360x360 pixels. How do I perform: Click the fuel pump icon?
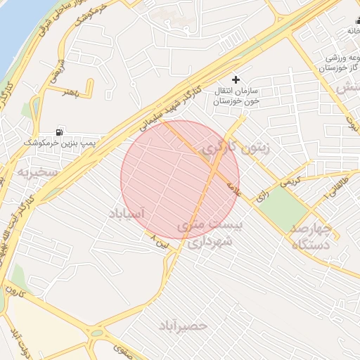(58, 131)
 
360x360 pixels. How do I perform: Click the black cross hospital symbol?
(236, 80)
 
